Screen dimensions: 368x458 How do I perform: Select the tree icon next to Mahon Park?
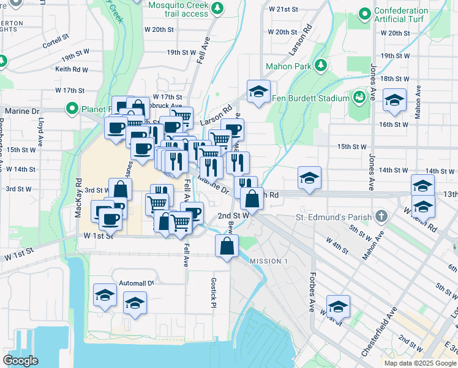coord(320,66)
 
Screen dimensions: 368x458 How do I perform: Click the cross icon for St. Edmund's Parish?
coord(381,217)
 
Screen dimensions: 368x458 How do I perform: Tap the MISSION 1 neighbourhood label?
coord(268,261)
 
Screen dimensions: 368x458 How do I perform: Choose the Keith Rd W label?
coord(72,69)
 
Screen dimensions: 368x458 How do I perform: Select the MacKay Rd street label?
coord(78,197)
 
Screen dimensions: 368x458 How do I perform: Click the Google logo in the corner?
coord(20,361)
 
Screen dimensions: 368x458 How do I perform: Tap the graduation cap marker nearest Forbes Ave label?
coord(337,305)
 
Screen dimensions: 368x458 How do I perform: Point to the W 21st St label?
coord(283,10)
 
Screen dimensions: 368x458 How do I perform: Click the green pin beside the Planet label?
coord(72,110)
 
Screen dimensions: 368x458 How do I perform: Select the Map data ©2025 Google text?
coord(420,362)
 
